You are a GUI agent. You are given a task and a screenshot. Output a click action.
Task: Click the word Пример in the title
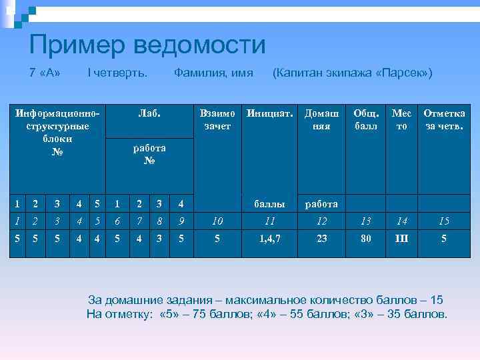point(78,45)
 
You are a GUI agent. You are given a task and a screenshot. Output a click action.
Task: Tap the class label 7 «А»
point(45,73)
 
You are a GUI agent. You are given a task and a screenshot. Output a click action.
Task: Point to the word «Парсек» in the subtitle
point(404,73)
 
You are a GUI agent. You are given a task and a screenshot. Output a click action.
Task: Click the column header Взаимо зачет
point(217,119)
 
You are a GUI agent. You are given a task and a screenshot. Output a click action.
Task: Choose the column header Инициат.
point(269,114)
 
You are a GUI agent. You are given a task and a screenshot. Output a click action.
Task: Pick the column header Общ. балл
point(365,119)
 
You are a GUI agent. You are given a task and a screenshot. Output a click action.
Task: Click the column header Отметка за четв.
point(444,119)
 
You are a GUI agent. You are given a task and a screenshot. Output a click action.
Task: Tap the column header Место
point(401,119)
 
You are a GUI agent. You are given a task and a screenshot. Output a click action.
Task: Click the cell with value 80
point(365,237)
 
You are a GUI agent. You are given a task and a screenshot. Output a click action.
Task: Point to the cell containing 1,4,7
point(269,237)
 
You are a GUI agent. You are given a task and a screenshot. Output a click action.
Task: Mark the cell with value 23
point(322,237)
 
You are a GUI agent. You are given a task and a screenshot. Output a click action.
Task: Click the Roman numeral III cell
point(401,237)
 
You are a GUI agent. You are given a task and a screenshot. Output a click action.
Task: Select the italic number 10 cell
point(217,220)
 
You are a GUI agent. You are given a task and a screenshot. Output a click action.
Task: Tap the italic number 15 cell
point(444,220)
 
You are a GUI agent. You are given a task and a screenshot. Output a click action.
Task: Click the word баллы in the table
point(269,204)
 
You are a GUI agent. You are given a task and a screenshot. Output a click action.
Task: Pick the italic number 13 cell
point(365,220)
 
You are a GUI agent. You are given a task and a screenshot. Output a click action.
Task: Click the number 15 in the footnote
point(437,300)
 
